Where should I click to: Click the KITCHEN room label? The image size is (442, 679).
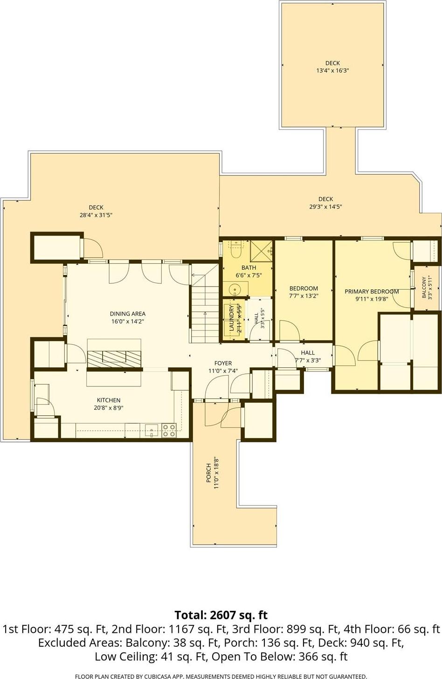click(109, 400)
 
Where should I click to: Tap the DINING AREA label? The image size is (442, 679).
click(128, 314)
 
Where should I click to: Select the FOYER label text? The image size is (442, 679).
click(223, 363)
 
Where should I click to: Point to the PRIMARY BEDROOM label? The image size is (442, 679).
click(372, 291)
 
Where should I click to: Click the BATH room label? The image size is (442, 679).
click(249, 268)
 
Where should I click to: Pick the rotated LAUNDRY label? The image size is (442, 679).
click(231, 318)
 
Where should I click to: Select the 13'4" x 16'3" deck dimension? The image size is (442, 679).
click(332, 70)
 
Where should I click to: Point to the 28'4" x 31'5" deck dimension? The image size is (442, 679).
click(96, 215)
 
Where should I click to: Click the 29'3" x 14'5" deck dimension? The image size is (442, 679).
click(325, 207)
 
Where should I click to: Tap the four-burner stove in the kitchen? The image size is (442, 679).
click(169, 430)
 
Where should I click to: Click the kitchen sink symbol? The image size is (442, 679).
click(151, 430)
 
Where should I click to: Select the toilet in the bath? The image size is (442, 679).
click(235, 249)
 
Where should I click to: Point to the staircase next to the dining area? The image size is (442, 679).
click(205, 303)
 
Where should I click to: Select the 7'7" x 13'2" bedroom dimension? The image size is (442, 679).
click(304, 296)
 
